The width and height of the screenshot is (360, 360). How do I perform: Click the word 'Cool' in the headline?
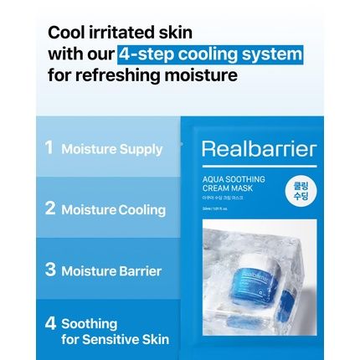pyautogui.click(x=66, y=33)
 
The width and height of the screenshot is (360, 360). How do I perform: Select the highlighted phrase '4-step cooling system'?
pyautogui.click(x=210, y=54)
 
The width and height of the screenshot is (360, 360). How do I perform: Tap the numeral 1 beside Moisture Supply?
pyautogui.click(x=49, y=148)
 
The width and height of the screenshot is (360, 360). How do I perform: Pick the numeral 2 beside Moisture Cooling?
pyautogui.click(x=49, y=208)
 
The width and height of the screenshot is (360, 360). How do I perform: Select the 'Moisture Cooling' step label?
pyautogui.click(x=113, y=209)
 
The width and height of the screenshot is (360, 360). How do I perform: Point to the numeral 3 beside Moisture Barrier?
pyautogui.click(x=50, y=270)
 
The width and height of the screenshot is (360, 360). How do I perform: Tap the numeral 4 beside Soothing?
pyautogui.click(x=51, y=321)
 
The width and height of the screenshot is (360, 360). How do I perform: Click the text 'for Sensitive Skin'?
pyautogui.click(x=115, y=339)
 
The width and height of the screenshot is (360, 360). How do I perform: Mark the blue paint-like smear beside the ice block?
pyautogui.click(x=289, y=299)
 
